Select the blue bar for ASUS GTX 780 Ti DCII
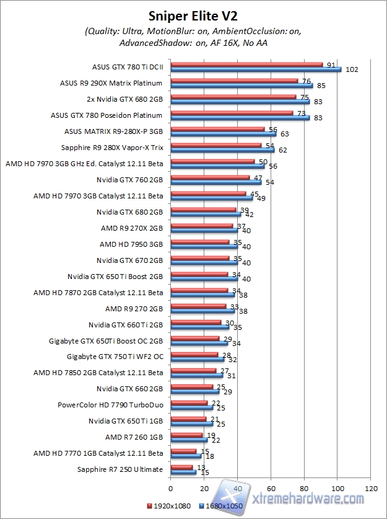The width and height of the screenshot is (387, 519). click(x=256, y=69)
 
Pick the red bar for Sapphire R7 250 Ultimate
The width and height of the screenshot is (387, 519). click(x=181, y=467)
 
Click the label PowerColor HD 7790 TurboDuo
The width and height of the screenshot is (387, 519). click(x=110, y=405)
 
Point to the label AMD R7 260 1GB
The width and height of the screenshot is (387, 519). click(x=134, y=437)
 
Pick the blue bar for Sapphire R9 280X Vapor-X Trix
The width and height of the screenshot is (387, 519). click(x=222, y=150)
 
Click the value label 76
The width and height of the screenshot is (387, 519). click(x=305, y=81)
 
